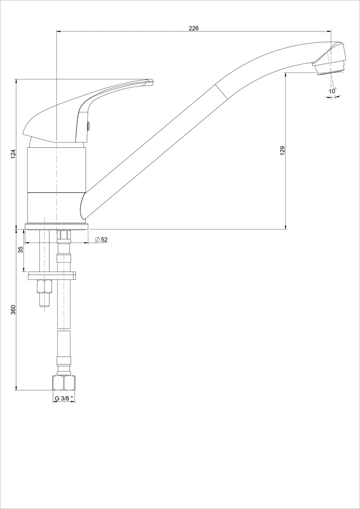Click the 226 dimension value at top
pos(194,28)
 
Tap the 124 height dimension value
pos(14,154)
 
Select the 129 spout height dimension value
pos(282,151)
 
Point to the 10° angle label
pos(332,91)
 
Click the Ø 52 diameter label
pos(101,240)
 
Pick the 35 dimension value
pos(20,250)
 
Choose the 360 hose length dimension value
pos(14,310)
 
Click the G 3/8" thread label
pos(64,398)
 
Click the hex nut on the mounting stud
pos(45,286)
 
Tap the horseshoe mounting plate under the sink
pos(52,275)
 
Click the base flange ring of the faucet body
pos(56,227)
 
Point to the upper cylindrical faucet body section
pos(56,170)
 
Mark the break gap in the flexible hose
pos(64,330)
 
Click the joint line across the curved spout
pos(222,92)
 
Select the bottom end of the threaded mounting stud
pos(45,306)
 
